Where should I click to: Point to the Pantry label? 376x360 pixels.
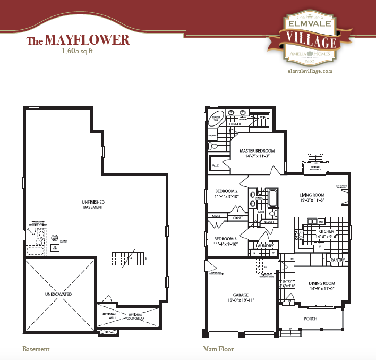point(337,260)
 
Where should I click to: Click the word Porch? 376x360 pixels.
point(311,319)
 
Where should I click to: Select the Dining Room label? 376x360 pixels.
point(322,283)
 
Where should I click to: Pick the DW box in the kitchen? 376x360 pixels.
point(321,221)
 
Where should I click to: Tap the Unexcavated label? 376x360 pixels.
point(58,294)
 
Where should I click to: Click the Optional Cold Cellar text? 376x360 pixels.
point(135,316)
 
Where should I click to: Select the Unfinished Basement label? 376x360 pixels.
point(92,204)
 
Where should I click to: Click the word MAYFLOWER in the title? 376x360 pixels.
point(87,40)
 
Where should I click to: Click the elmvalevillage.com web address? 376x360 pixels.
point(310,71)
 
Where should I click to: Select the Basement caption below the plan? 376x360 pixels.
point(36,349)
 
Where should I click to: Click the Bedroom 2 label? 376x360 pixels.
point(227,191)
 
